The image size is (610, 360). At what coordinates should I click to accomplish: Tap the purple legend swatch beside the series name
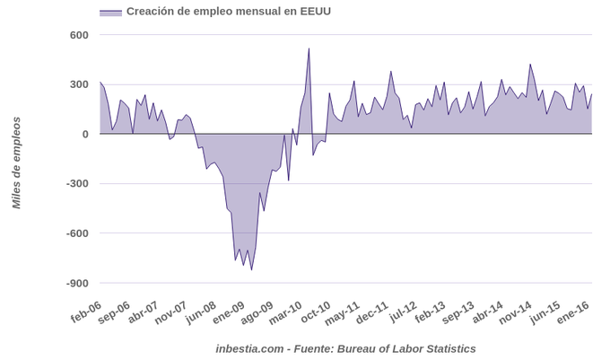[x=110, y=13]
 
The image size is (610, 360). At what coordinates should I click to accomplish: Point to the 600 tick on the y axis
[x=79, y=35]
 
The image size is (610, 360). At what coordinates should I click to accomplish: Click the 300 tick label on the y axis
[x=79, y=84]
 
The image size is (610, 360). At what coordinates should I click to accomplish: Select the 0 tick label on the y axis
[x=85, y=134]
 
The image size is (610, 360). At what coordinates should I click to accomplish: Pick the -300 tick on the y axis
[x=77, y=184]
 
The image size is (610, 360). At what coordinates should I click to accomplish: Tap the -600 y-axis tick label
[x=77, y=233]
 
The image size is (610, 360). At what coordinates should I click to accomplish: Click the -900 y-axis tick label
[x=77, y=283]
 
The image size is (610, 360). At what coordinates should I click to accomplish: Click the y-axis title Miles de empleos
[x=16, y=162]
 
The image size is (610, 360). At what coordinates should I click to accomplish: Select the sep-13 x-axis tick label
[x=457, y=313]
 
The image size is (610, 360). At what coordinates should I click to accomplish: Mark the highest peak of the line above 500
[x=309, y=48]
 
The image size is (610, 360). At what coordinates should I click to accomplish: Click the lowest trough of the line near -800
[x=251, y=269]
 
